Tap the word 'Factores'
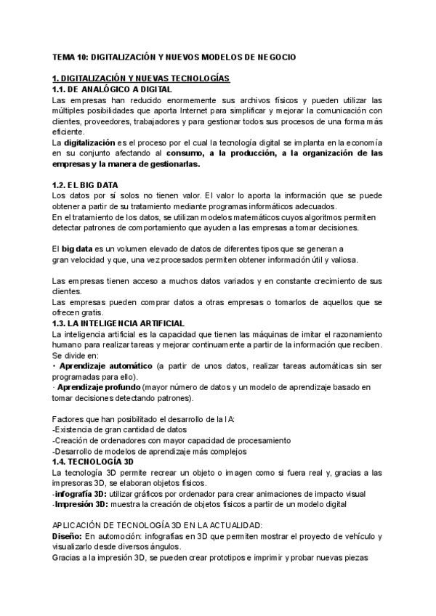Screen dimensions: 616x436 coord(70,420)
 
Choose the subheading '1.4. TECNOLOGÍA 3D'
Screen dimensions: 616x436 coord(92,462)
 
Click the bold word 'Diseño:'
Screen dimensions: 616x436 coord(68,536)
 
